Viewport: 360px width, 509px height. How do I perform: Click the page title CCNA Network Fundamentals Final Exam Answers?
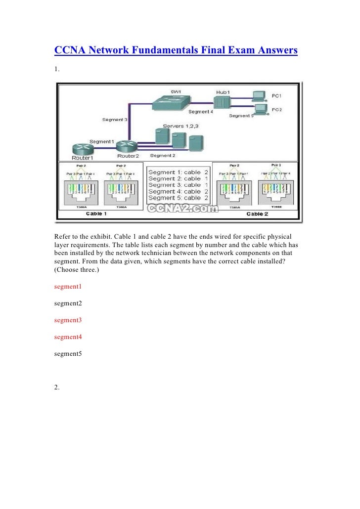(x=176, y=50)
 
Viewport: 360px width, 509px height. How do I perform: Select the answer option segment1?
(x=68, y=286)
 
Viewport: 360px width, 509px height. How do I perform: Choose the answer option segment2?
(x=68, y=303)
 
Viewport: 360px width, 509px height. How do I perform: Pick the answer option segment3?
(x=68, y=320)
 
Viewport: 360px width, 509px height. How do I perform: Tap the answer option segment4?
(x=68, y=337)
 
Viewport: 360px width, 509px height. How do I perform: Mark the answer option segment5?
(x=68, y=354)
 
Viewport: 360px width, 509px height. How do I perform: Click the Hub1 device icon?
(x=221, y=102)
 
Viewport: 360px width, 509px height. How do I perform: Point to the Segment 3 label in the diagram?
(x=115, y=120)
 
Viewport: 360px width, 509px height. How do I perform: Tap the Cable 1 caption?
(x=97, y=213)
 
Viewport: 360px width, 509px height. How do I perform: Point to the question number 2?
(x=57, y=387)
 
